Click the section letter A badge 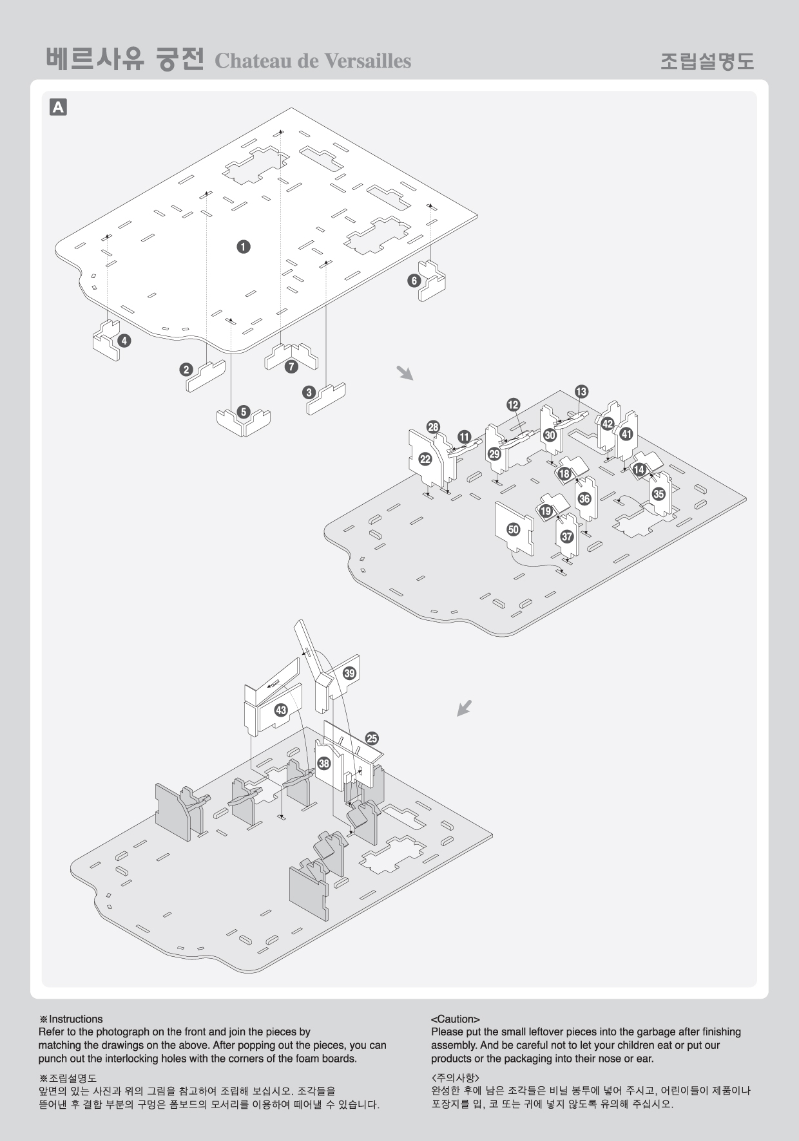coord(58,107)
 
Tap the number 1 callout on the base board coord(243,247)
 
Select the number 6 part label coord(414,281)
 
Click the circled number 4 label coord(124,341)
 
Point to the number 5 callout coord(243,412)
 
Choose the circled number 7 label coord(291,366)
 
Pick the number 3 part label coord(309,392)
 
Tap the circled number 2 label coord(186,370)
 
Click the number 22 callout coord(425,459)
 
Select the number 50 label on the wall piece coord(514,529)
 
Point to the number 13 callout coord(581,391)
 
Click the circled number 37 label coord(567,536)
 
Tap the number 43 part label coord(281,710)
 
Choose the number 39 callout coord(349,674)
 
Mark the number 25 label coord(372,739)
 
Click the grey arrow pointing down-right coord(405,373)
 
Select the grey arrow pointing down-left coord(465,708)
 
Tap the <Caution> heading coord(456,1019)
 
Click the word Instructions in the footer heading coord(75,1019)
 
